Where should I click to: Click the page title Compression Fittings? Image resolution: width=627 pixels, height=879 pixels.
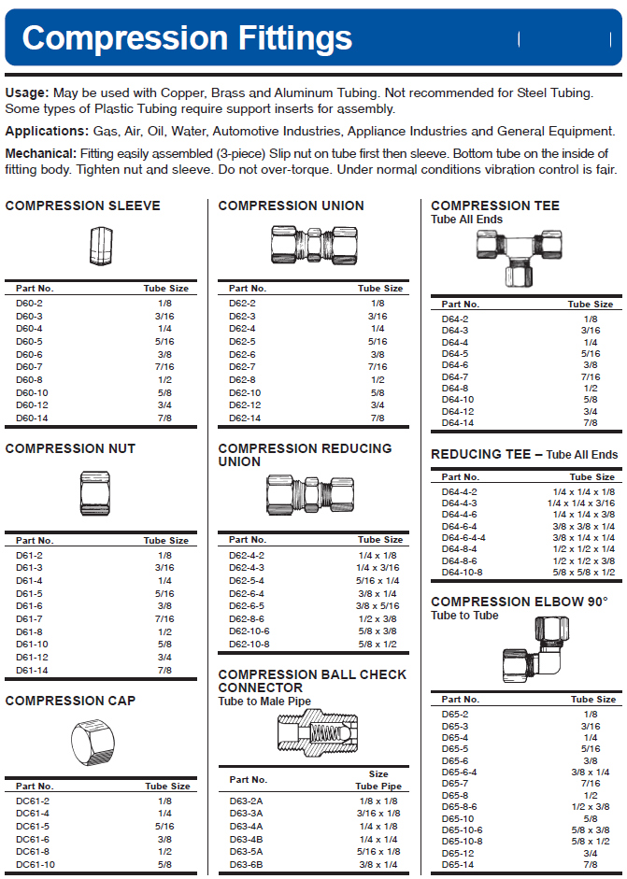coord(187,37)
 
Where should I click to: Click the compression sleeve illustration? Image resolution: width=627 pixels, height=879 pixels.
coord(101,246)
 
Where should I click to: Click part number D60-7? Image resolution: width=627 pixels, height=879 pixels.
coord(29,367)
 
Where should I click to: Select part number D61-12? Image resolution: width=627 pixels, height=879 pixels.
coord(32,657)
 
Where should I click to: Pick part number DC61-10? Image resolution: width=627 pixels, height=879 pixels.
coord(35,864)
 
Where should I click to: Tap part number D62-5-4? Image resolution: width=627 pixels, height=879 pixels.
coord(247,579)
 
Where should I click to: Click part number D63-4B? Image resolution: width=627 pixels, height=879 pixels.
coord(246,839)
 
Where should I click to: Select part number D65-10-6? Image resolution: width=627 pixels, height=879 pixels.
coord(462,829)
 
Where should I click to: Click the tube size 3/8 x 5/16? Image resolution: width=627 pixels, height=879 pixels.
coord(378,605)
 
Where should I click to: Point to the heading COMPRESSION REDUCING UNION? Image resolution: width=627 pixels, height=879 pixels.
coord(305,455)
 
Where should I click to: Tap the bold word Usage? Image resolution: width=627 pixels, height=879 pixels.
coord(26,92)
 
